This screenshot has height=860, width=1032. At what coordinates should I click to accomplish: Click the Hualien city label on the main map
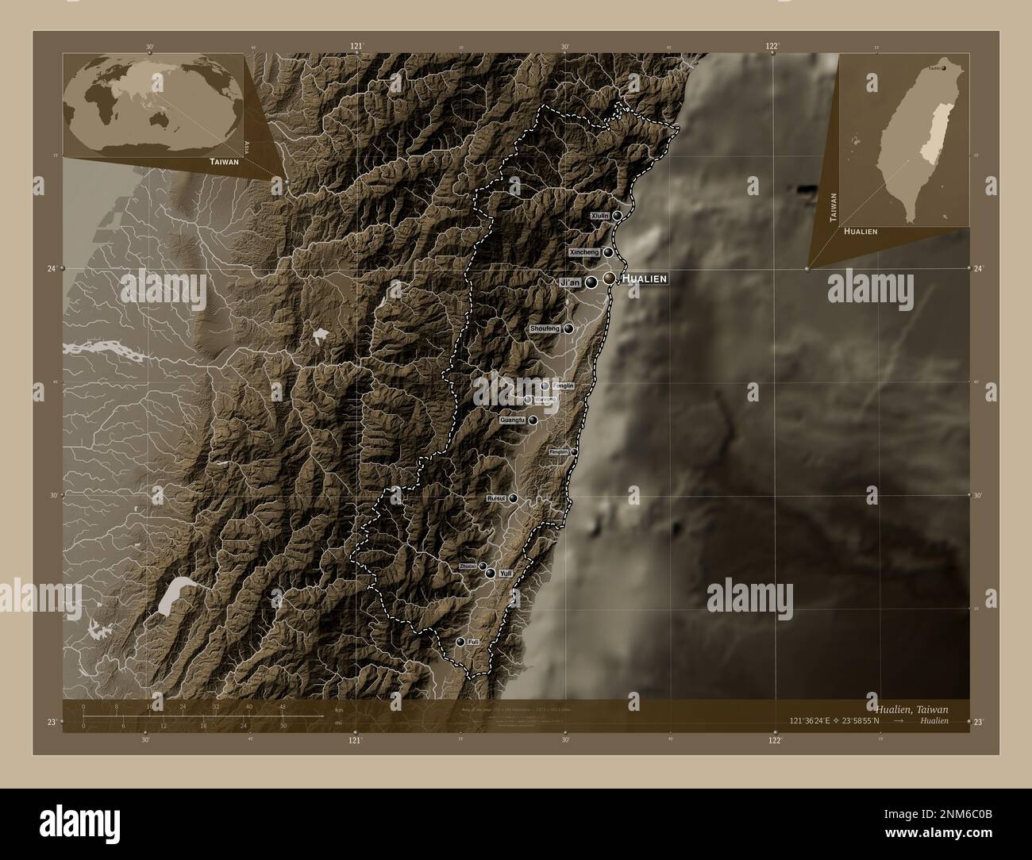click(644, 278)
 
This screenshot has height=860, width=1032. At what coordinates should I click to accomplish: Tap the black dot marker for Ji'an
click(591, 282)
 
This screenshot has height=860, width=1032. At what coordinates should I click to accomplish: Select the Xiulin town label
click(600, 216)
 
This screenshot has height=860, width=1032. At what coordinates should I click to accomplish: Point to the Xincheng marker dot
click(608, 252)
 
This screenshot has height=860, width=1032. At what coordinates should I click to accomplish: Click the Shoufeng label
click(545, 328)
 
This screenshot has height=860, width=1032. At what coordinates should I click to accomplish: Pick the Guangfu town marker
click(533, 420)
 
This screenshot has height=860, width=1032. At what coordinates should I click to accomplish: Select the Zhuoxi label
click(468, 566)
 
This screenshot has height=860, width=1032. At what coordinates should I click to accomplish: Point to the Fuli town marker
click(460, 641)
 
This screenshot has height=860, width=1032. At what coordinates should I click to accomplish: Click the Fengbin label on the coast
click(559, 451)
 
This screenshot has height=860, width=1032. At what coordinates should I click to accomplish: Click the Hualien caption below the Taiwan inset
click(861, 231)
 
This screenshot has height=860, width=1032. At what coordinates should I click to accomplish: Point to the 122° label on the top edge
click(772, 47)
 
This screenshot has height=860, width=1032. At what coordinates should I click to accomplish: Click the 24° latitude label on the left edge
click(51, 269)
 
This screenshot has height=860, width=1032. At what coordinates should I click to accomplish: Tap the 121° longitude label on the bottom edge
click(355, 739)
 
